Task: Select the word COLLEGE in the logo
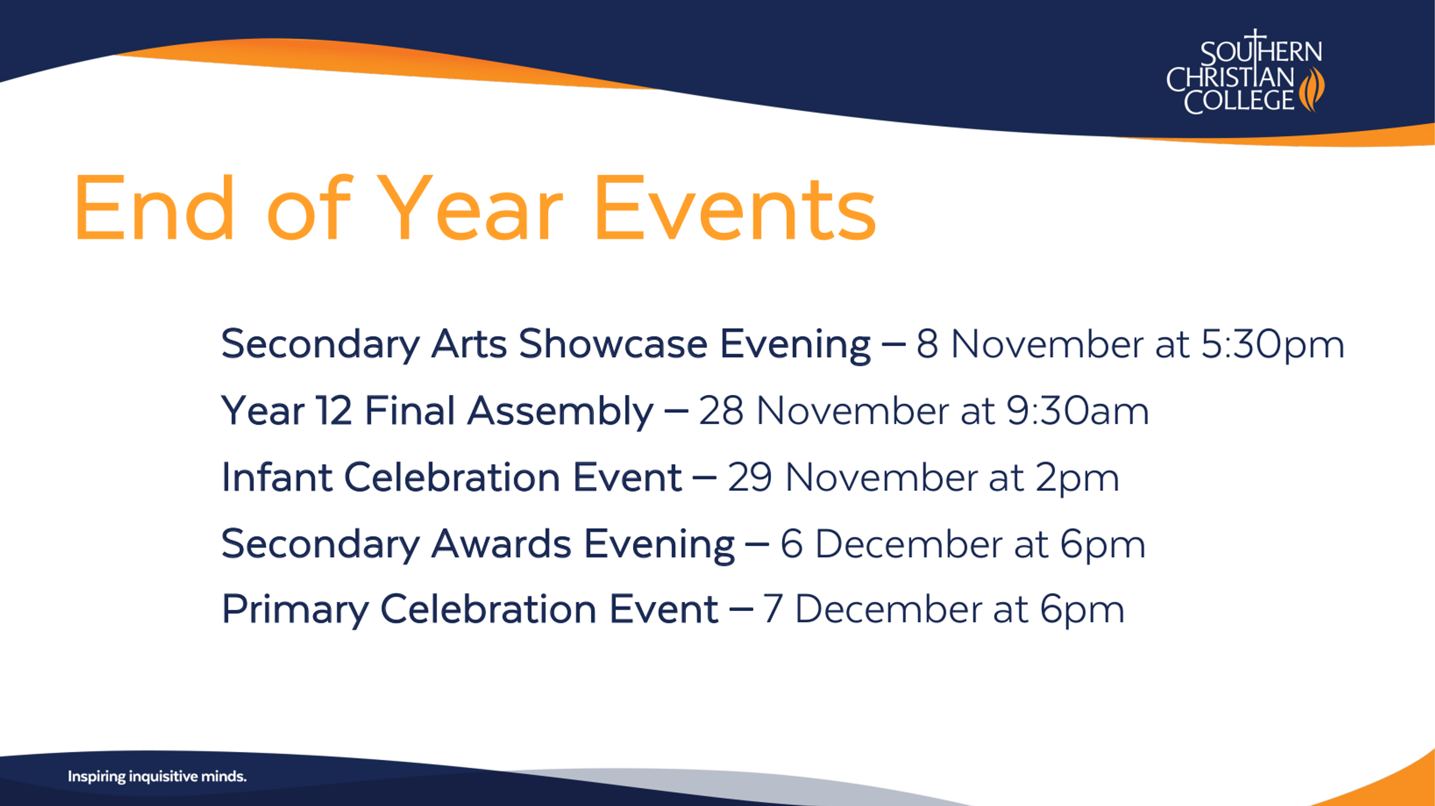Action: [x=1239, y=101]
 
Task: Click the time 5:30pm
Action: [x=1272, y=345]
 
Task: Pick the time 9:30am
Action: [x=1077, y=411]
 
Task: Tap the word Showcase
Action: [x=613, y=344]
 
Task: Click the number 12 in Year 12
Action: [x=334, y=411]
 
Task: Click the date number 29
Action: [x=750, y=477]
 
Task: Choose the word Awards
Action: [x=501, y=544]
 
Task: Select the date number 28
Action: [x=721, y=411]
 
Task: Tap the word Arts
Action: [x=469, y=344]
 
